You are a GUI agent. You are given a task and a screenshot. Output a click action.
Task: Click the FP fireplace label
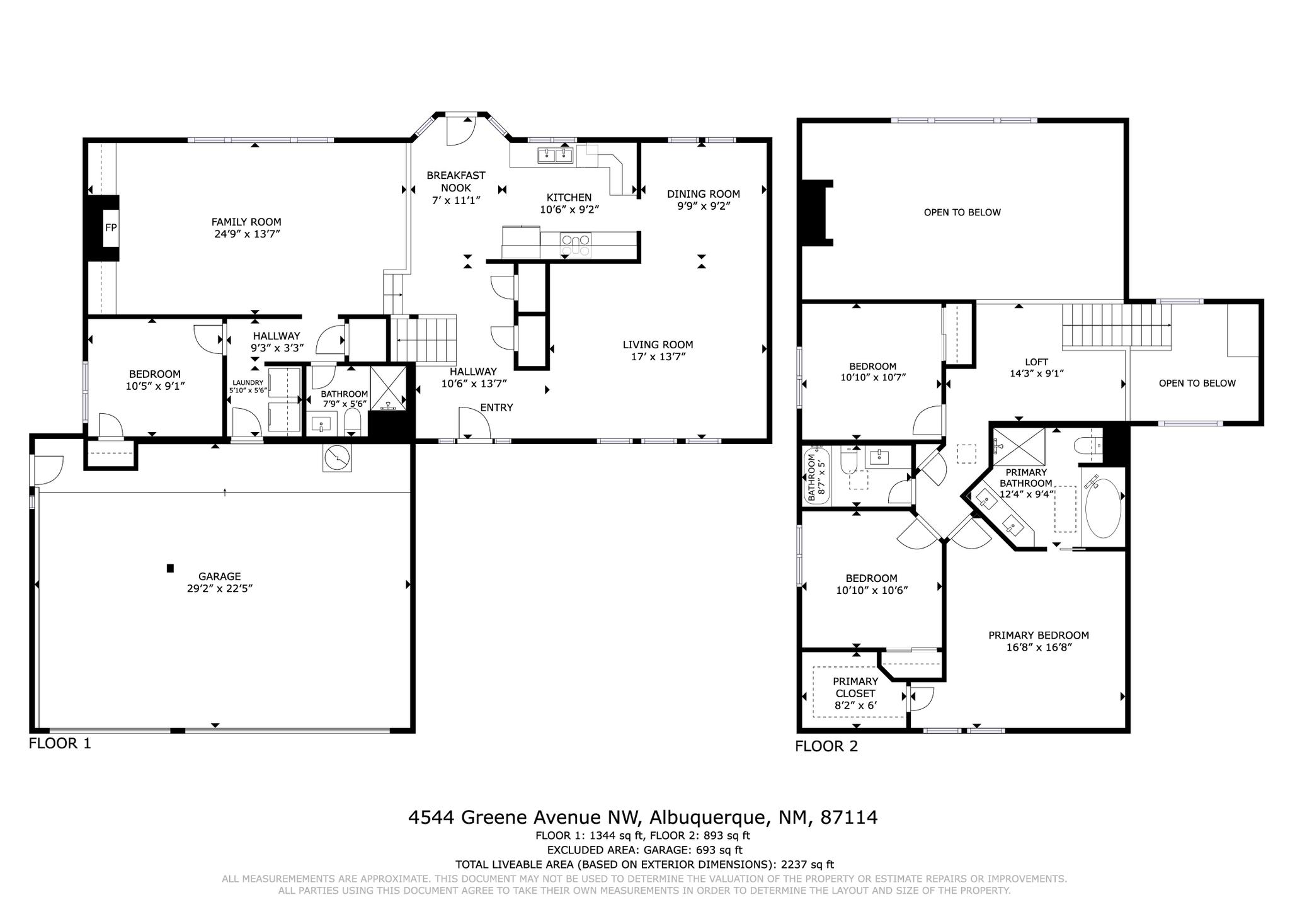(110, 227)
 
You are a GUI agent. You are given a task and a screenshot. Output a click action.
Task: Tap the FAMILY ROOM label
(246, 222)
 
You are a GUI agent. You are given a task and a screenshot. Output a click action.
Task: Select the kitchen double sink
(554, 155)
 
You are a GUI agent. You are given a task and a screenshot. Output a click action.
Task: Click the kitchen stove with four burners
(576, 244)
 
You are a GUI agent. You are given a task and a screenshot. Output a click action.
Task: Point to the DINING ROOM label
(703, 194)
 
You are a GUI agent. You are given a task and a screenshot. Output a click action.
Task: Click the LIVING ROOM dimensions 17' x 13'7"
(658, 356)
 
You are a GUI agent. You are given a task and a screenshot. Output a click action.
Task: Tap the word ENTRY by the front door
(496, 408)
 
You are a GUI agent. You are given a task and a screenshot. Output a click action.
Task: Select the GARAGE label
(219, 576)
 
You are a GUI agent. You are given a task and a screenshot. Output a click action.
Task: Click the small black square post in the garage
(170, 568)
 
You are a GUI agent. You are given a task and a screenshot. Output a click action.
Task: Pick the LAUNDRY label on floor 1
(248, 382)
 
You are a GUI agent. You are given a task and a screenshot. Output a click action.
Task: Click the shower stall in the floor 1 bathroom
(388, 388)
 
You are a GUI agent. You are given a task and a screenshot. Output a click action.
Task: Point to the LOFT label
(1036, 362)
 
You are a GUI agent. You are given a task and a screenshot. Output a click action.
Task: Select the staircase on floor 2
(1115, 325)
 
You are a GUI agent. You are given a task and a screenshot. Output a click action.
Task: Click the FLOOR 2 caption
(826, 746)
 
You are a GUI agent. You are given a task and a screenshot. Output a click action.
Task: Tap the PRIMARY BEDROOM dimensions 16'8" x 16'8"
(1038, 647)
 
